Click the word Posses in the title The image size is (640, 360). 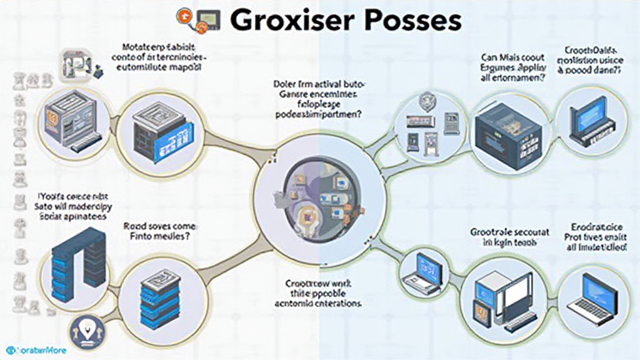click(411, 21)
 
